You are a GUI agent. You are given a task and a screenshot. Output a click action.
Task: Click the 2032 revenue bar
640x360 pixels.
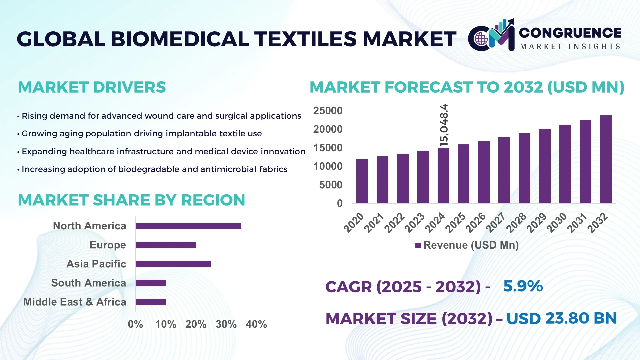coord(605,159)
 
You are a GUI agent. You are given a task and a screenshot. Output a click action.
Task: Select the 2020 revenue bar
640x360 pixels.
coord(362,181)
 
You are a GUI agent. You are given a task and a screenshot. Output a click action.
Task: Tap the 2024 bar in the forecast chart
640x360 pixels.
coord(443,175)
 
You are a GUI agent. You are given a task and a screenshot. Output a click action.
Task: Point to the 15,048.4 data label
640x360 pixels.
coord(444,125)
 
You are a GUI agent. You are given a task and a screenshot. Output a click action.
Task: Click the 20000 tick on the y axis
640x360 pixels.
coord(327,129)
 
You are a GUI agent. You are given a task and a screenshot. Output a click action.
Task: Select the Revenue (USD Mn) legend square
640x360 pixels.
coord(418,246)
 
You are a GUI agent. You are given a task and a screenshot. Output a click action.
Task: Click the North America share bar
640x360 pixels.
coord(188,226)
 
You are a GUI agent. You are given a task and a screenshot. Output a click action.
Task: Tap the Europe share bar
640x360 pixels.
coord(166,245)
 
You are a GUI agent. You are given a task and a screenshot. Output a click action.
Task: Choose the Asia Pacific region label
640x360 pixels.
coord(96,264)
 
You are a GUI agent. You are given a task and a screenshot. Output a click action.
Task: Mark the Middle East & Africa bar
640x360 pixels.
coord(150,302)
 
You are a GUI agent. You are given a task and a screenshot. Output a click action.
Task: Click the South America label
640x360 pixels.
coord(88,283)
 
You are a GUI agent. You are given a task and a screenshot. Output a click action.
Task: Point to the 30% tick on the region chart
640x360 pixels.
coord(226,324)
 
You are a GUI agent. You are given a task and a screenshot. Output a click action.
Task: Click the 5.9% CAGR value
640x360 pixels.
coord(523,286)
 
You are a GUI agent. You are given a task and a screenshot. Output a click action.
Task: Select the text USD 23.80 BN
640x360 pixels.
coord(561,318)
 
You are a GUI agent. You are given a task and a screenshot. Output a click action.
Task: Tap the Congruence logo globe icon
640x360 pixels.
coord(481,39)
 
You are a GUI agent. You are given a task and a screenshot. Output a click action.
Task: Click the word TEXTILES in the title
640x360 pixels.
coord(306,39)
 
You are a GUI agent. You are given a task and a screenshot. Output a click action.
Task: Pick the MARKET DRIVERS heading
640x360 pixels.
coord(92,87)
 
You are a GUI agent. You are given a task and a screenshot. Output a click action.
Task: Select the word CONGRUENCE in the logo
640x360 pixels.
coord(570,33)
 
